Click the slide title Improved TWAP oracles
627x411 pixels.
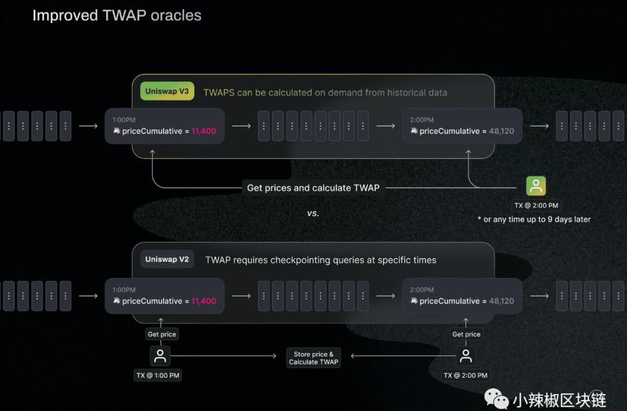(117, 16)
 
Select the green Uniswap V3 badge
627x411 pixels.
(167, 92)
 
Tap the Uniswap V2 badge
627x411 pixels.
(167, 259)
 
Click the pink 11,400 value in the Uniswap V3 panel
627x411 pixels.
(203, 131)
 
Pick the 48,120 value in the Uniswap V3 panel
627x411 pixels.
(502, 131)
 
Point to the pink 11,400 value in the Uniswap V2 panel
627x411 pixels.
(203, 301)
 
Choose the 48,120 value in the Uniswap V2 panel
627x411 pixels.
(502, 301)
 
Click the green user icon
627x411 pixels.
(536, 186)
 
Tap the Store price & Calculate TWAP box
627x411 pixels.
(313, 358)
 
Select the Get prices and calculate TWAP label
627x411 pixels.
(313, 188)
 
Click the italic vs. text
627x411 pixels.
(313, 213)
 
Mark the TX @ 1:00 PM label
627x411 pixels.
(158, 376)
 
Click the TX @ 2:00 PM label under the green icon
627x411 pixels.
(536, 205)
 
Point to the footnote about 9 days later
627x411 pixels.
(534, 219)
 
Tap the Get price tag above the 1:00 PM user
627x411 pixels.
(161, 334)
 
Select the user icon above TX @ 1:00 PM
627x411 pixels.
(160, 356)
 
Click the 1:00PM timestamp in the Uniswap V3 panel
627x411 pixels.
(124, 120)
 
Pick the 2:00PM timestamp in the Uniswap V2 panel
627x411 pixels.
(421, 290)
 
